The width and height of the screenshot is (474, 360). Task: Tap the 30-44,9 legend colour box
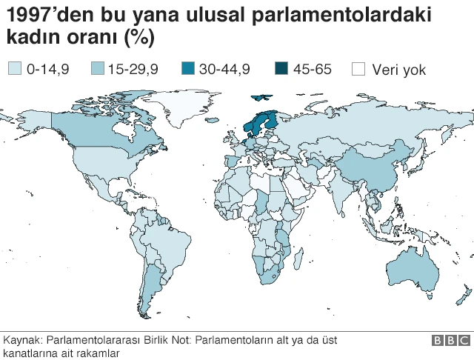(x=188, y=70)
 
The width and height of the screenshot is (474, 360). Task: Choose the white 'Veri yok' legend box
(x=359, y=70)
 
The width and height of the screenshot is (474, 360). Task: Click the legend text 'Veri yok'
(x=399, y=70)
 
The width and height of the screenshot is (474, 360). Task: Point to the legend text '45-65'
(x=313, y=70)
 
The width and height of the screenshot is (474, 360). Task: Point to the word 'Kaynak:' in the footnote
(x=22, y=340)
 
